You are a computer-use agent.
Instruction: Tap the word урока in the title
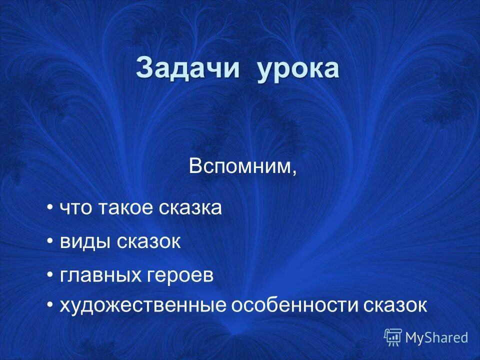click(298, 69)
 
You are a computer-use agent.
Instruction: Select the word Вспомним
click(239, 166)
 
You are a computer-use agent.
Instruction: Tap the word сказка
click(190, 208)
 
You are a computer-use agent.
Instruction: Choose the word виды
click(85, 242)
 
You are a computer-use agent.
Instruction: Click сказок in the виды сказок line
click(148, 242)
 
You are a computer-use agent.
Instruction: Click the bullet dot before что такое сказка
click(50, 207)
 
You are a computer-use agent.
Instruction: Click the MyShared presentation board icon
click(393, 337)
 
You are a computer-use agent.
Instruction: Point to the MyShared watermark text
click(436, 338)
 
